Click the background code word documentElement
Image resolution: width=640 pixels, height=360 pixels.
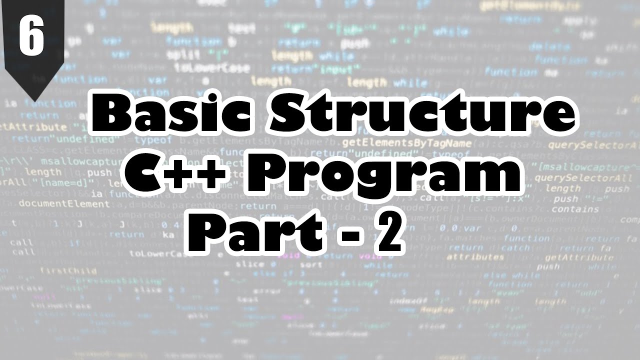tap(64, 204)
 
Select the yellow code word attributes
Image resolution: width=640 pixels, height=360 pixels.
tap(475, 257)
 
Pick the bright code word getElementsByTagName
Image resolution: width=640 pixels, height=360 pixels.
tap(413, 143)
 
